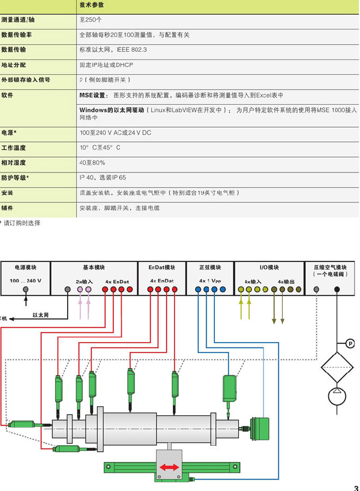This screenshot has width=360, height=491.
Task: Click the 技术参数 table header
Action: click(x=92, y=5)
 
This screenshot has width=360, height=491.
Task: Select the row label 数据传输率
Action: click(x=16, y=35)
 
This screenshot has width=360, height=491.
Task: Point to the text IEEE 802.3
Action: click(x=132, y=50)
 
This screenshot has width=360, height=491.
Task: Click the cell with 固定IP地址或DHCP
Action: click(x=106, y=65)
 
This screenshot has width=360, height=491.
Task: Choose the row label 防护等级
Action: click(x=15, y=177)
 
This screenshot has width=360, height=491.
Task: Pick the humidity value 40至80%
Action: click(x=92, y=163)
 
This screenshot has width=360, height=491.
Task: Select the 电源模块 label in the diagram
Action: click(x=25, y=267)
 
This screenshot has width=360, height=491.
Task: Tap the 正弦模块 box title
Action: click(x=210, y=267)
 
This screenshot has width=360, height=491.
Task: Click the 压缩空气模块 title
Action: click(x=330, y=267)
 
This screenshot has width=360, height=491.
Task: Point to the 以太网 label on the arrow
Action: click(x=40, y=315)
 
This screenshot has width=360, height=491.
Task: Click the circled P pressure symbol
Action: click(x=350, y=344)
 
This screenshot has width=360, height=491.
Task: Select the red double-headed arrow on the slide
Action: click(x=169, y=467)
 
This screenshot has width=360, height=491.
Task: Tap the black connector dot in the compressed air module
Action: click(x=337, y=289)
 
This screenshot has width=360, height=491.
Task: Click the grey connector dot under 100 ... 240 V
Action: click(x=26, y=289)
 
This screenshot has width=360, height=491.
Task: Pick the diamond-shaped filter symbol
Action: click(x=337, y=367)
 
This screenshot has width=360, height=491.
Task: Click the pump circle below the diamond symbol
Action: click(x=337, y=396)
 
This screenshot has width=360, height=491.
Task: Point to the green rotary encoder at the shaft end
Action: click(x=259, y=428)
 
